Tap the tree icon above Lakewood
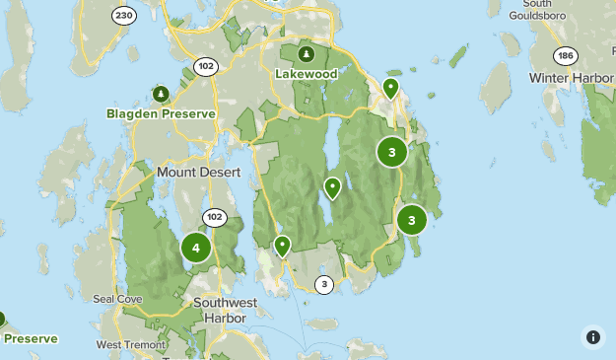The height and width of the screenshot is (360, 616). point(307,54)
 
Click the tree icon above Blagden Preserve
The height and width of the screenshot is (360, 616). point(160,94)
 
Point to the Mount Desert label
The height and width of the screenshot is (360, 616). point(198,172)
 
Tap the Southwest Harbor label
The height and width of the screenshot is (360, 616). point(226,310)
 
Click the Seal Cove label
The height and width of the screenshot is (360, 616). point(117,299)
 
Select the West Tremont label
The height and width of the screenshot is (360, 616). point(129,344)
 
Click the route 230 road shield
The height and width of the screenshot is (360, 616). point(123,16)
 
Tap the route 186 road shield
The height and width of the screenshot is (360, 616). point(564,55)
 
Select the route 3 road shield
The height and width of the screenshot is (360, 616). point(323,285)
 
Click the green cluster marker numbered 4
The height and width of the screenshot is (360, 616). point(196,248)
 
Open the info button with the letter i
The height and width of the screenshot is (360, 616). point(592,336)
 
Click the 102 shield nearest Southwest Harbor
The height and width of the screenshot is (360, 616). point(214,217)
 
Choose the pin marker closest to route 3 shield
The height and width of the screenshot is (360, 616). point(282,245)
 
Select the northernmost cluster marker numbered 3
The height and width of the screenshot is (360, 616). point(392,152)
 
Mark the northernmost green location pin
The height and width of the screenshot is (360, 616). point(390,88)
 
